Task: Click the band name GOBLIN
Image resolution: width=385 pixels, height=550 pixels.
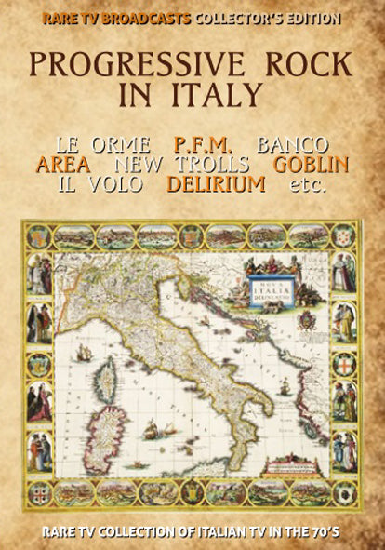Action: pyautogui.click(x=311, y=165)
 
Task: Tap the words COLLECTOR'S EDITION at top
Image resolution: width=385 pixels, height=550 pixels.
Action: pyautogui.click(x=267, y=18)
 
